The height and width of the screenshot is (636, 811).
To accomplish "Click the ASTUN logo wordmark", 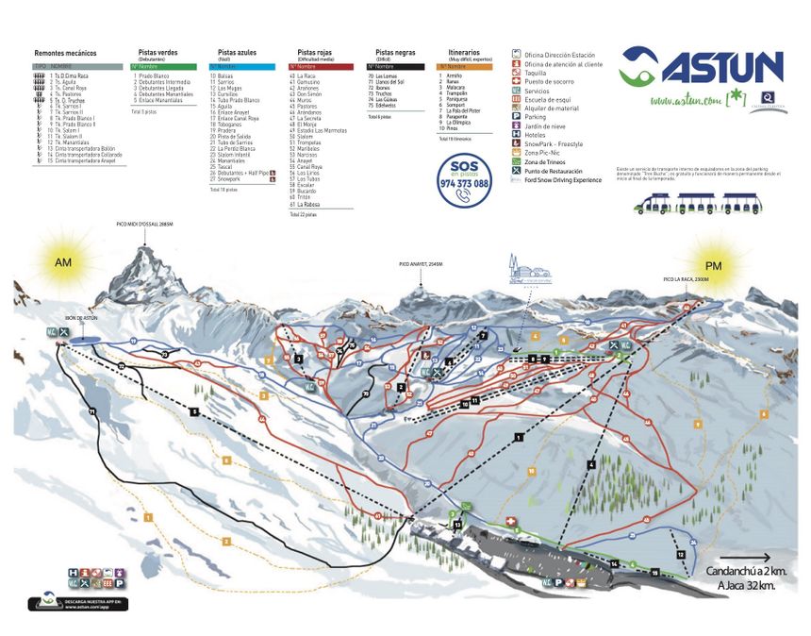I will (x=720, y=68).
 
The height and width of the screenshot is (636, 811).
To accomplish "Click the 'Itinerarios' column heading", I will (x=458, y=54).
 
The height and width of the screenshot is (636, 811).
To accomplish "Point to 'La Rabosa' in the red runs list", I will (x=307, y=204).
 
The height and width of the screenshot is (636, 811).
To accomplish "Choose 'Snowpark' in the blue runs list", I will (x=230, y=178).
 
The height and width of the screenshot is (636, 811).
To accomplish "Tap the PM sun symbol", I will (x=713, y=266).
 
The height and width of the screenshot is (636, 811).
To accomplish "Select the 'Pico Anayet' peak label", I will (x=421, y=265).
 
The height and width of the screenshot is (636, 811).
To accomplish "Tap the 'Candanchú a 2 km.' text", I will (x=746, y=573).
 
